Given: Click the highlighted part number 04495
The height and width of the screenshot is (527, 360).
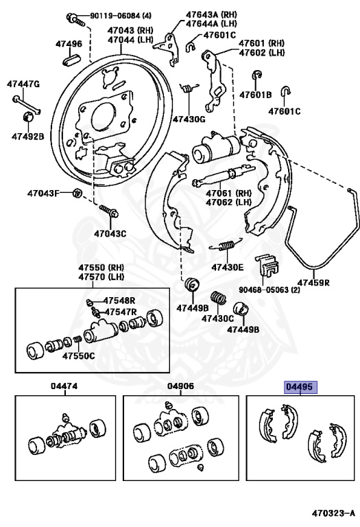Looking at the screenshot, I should (300, 387).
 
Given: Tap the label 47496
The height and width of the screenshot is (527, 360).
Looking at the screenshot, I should (69, 44).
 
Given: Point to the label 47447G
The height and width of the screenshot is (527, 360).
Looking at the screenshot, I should (23, 84).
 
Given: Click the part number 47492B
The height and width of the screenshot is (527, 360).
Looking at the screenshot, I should (27, 136).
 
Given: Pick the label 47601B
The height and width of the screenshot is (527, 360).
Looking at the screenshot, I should (256, 95).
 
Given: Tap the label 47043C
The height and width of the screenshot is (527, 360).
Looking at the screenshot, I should (110, 233).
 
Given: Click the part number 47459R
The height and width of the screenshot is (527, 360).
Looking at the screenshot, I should (313, 281).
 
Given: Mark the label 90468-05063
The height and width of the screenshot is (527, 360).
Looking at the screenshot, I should (260, 290).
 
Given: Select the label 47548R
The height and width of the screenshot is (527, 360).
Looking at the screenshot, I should (119, 301).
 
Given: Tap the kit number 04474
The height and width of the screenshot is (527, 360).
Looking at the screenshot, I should (64, 386).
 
